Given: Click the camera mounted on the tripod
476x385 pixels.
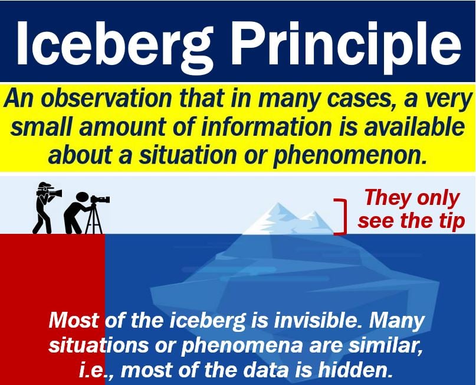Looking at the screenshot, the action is click(100, 199).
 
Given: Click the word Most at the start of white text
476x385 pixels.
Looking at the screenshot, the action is click(74, 320).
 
